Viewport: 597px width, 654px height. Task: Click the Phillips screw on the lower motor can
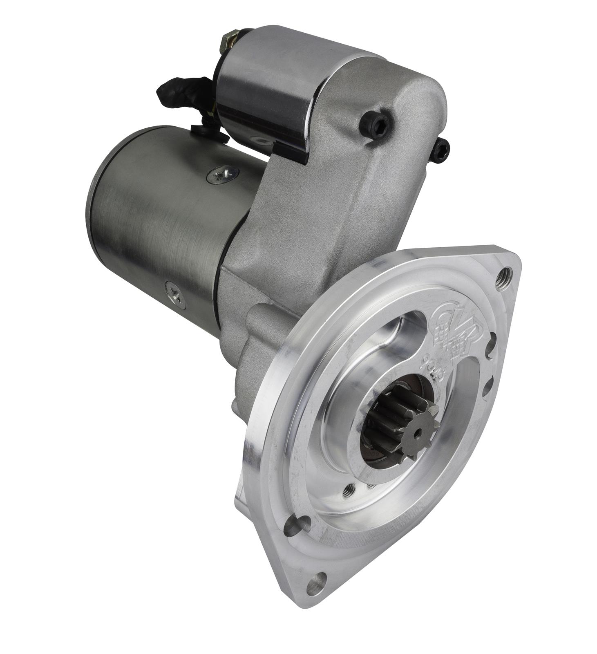click(175, 293)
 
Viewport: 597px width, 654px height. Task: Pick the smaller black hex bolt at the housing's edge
click(440, 150)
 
